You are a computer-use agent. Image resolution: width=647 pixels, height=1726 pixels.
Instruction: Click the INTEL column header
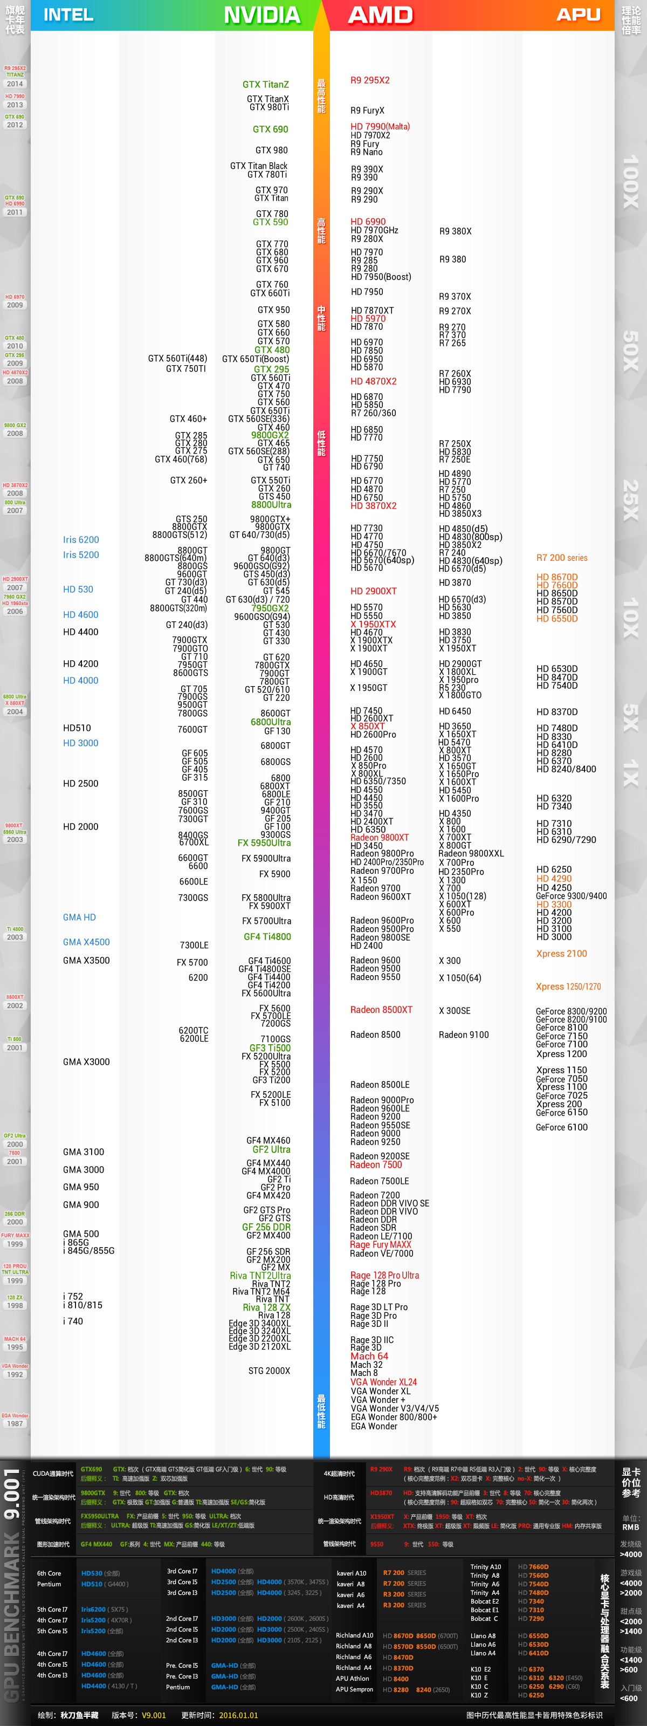point(68,15)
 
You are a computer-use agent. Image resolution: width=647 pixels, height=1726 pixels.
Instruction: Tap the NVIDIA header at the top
point(262,15)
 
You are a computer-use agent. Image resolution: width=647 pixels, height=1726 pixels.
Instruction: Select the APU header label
point(578,15)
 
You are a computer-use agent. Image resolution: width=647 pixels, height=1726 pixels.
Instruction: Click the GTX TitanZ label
point(265,85)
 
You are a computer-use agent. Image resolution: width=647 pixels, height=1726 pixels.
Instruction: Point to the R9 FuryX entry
point(367,111)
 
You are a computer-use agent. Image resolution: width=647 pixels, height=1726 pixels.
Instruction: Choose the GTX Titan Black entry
point(259,166)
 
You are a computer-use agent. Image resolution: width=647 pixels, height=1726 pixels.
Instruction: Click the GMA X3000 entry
point(86,1061)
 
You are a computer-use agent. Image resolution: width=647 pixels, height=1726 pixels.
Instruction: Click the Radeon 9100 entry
point(464,1035)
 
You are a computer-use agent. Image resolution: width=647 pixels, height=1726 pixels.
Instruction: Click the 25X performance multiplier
point(630,500)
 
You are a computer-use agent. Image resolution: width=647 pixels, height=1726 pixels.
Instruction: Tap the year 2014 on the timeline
point(15,84)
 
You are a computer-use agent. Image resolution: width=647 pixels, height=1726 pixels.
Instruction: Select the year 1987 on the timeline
point(15,1423)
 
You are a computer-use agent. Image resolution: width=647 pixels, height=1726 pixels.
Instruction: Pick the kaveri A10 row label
point(351,1573)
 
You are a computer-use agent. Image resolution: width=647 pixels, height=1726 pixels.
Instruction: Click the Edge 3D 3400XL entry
point(259,1323)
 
